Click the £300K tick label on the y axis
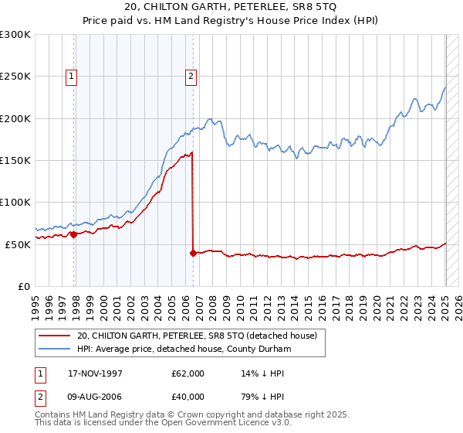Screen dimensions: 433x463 15,35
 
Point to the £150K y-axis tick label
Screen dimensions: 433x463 15,160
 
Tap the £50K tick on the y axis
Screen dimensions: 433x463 18,244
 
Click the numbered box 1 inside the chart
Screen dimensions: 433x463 71,76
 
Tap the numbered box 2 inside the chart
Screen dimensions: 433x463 190,76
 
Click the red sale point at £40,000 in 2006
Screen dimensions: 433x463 192,252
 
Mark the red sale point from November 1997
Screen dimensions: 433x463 74,234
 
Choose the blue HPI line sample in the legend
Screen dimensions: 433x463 56,349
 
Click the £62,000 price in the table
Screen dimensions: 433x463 188,373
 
